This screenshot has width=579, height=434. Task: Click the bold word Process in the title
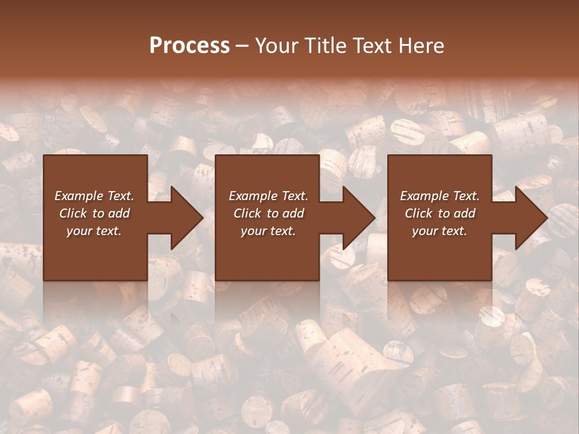coord(189,45)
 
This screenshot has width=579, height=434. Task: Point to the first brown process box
coord(95,253)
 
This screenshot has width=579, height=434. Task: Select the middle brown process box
coord(267,253)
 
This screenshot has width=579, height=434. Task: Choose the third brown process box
coord(439,253)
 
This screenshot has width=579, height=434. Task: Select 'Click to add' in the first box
coord(95,213)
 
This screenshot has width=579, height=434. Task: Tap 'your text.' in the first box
coord(95,231)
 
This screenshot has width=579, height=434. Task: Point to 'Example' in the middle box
coord(250,196)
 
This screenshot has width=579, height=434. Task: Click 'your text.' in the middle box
coord(268,231)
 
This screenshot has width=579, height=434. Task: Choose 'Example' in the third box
coord(421,196)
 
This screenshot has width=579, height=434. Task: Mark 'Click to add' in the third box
coord(440,213)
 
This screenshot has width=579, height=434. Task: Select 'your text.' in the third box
coord(440,231)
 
